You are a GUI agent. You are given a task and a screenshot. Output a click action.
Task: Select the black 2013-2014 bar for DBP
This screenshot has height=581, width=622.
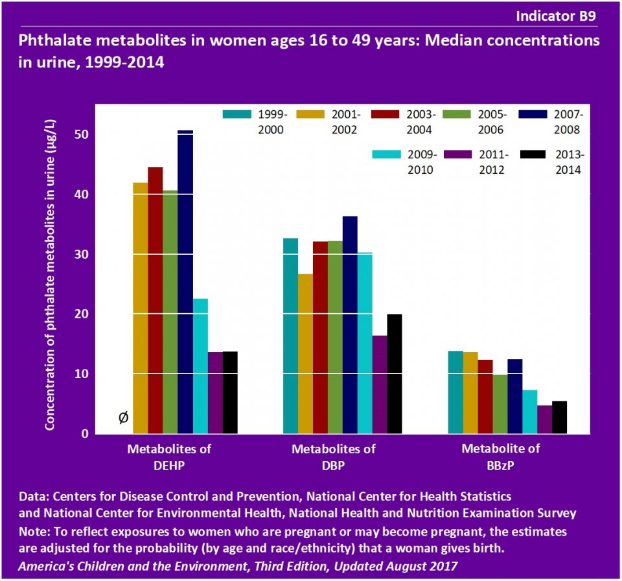pos(395,373)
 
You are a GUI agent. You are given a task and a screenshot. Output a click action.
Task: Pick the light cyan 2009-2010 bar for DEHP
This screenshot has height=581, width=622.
pos(200,366)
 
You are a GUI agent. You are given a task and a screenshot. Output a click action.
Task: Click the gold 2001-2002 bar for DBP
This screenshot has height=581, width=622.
pos(305,353)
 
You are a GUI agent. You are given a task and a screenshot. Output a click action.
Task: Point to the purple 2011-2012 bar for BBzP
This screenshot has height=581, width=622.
pos(544,419)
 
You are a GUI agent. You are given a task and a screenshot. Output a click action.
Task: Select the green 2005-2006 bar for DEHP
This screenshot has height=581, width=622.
pos(170,311)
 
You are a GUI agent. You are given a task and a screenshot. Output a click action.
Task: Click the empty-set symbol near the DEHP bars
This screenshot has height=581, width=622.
pos(123,418)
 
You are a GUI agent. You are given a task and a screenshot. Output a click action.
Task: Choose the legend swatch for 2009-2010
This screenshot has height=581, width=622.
pos(386,154)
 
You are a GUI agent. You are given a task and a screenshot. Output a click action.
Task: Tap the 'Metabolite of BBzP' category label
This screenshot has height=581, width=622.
pos(500,456)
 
